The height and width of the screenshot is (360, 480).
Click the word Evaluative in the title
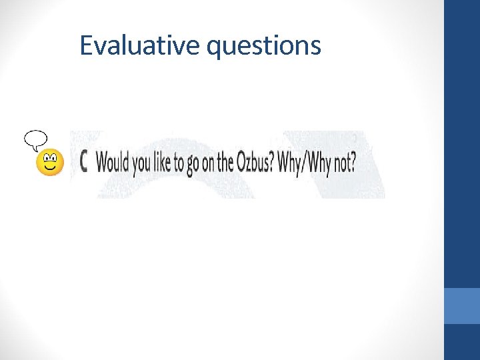140,45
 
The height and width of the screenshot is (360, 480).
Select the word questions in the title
264,47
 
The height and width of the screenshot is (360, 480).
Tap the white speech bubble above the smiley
35,139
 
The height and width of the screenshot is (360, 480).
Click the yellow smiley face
49,163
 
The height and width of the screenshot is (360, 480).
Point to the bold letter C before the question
85,162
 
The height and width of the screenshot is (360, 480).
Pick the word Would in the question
113,162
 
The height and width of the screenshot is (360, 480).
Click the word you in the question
141,163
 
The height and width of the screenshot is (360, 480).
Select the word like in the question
163,162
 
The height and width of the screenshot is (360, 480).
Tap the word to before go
180,163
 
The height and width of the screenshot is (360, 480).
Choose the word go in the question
193,164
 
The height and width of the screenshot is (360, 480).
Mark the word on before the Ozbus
208,163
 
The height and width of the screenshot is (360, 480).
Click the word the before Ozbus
225,162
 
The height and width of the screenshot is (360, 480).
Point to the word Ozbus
252,162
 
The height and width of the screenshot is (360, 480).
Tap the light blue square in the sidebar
462,306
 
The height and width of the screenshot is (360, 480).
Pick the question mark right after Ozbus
271,162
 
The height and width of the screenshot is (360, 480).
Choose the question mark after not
353,162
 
